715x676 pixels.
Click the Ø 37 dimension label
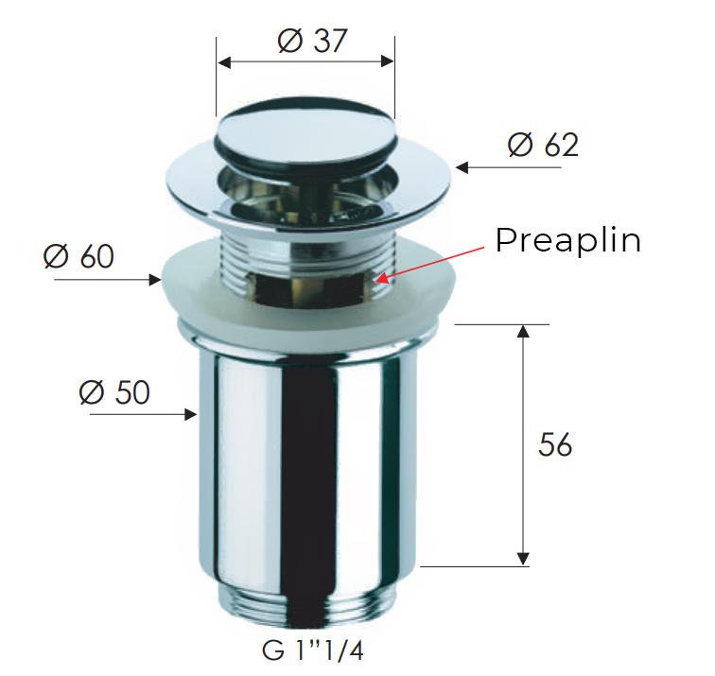point(312,41)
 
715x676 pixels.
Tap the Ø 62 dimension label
point(543,146)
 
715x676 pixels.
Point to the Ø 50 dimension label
point(114,392)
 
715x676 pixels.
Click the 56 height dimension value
point(555,444)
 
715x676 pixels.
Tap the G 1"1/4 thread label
point(313,650)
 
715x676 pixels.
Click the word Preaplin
point(568,240)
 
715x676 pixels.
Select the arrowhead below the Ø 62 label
point(462,167)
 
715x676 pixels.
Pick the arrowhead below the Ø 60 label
point(156,280)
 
